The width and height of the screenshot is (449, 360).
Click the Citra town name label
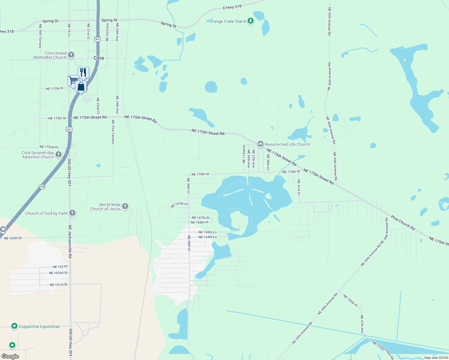(x=99, y=58)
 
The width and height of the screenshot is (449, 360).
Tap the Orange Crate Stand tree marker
(x=251, y=21)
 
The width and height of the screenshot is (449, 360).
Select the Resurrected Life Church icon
(x=260, y=144)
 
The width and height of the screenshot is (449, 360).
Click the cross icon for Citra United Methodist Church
(x=71, y=55)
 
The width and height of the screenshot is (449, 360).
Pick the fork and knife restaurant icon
(x=83, y=72)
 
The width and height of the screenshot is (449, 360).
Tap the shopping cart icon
(x=73, y=80)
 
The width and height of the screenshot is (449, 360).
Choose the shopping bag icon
(x=81, y=87)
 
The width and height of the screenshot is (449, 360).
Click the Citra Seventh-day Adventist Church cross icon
(x=59, y=154)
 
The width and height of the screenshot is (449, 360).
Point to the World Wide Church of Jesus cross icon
(x=125, y=206)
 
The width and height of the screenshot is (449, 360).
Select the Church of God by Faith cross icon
(x=72, y=213)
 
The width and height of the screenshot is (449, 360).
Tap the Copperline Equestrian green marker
(x=14, y=326)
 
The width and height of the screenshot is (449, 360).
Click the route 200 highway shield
(x=42, y=187)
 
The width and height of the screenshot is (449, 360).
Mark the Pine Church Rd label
(x=403, y=223)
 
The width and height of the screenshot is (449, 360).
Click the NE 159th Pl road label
(x=350, y=301)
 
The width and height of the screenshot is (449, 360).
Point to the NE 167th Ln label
(x=179, y=205)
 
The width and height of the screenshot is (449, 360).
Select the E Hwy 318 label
(x=232, y=7)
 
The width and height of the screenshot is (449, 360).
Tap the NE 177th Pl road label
(x=54, y=88)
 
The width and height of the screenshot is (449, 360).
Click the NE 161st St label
(x=59, y=285)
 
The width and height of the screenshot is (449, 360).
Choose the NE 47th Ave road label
(x=362, y=324)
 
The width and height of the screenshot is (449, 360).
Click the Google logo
(x=10, y=356)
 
